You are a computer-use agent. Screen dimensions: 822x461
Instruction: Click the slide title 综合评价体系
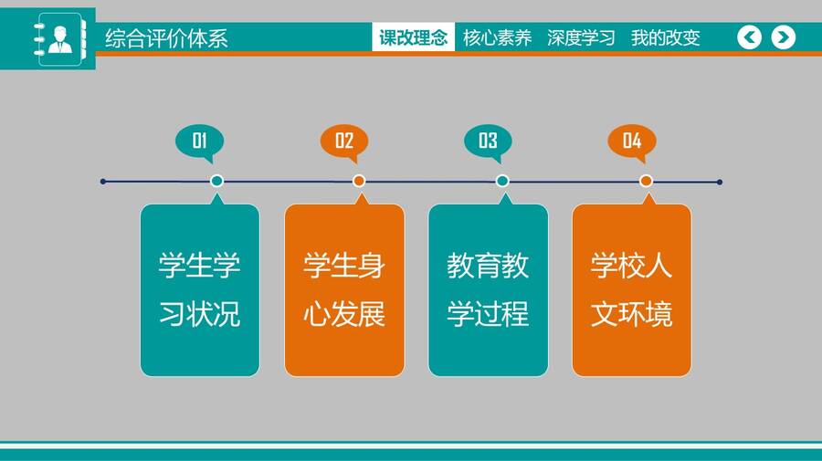tap(166, 38)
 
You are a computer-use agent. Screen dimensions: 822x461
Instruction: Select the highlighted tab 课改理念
tap(413, 37)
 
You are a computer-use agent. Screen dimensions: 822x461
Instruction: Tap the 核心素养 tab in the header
tap(497, 37)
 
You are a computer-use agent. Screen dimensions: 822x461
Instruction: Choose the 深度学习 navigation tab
tap(581, 37)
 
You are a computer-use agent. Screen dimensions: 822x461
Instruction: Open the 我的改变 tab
tap(665, 37)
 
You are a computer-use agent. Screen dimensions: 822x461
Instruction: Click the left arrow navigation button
tap(749, 37)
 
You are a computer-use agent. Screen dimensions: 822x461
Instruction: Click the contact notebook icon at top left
tap(59, 39)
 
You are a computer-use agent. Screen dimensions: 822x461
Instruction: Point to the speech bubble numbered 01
tap(200, 143)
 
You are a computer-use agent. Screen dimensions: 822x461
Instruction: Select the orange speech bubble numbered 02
tap(344, 143)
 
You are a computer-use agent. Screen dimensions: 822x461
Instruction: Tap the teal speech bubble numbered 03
tap(488, 143)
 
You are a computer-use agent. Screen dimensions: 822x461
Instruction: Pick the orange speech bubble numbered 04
tap(632, 143)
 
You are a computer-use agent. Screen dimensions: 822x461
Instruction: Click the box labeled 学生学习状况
tap(200, 289)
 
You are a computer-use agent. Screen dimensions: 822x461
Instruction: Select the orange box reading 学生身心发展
tap(344, 289)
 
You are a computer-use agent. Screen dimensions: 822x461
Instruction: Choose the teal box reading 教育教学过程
tap(488, 289)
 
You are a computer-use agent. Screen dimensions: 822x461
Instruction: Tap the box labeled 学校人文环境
tap(632, 289)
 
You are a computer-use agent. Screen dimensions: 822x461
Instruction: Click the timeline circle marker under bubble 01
tap(216, 181)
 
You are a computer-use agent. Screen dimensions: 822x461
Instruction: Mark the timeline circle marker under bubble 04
tap(646, 181)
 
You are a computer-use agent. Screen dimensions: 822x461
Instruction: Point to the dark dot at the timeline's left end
tap(102, 182)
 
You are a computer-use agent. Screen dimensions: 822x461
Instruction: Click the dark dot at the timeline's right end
tap(720, 182)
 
